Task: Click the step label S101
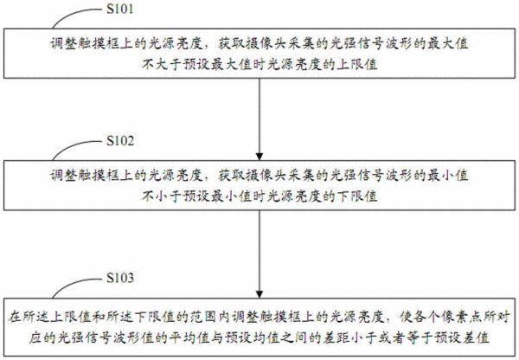[120, 9]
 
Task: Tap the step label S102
[120, 141]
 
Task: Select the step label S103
[120, 278]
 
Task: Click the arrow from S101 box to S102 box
[259, 119]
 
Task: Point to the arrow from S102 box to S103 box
[259, 254]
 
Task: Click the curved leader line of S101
[73, 14]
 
